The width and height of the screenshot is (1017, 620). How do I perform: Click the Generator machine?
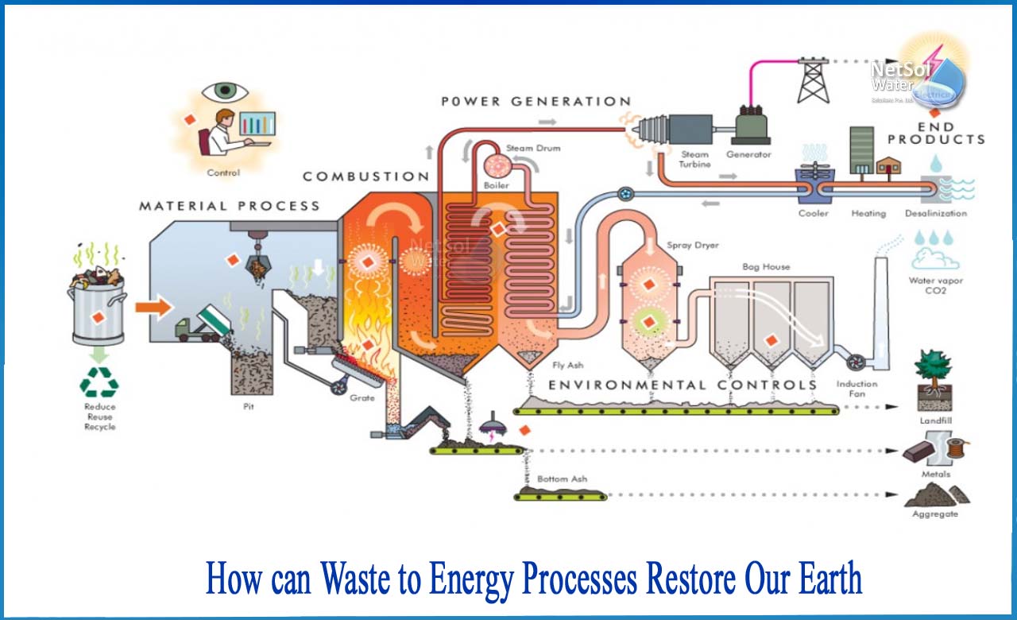[748, 126]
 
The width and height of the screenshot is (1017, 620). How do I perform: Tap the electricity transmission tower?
[813, 79]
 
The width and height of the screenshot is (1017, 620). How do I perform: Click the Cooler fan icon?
[813, 180]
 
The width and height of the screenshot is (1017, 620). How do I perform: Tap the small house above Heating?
[888, 165]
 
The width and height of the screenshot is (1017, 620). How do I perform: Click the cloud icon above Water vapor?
[934, 259]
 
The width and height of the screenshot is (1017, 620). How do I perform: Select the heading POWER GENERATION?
[536, 102]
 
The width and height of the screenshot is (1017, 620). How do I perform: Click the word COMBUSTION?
[366, 176]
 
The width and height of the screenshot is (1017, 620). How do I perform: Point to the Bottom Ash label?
[562, 479]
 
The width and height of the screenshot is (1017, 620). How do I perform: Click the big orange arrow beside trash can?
[153, 306]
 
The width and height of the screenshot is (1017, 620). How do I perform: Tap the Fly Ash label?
[568, 366]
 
